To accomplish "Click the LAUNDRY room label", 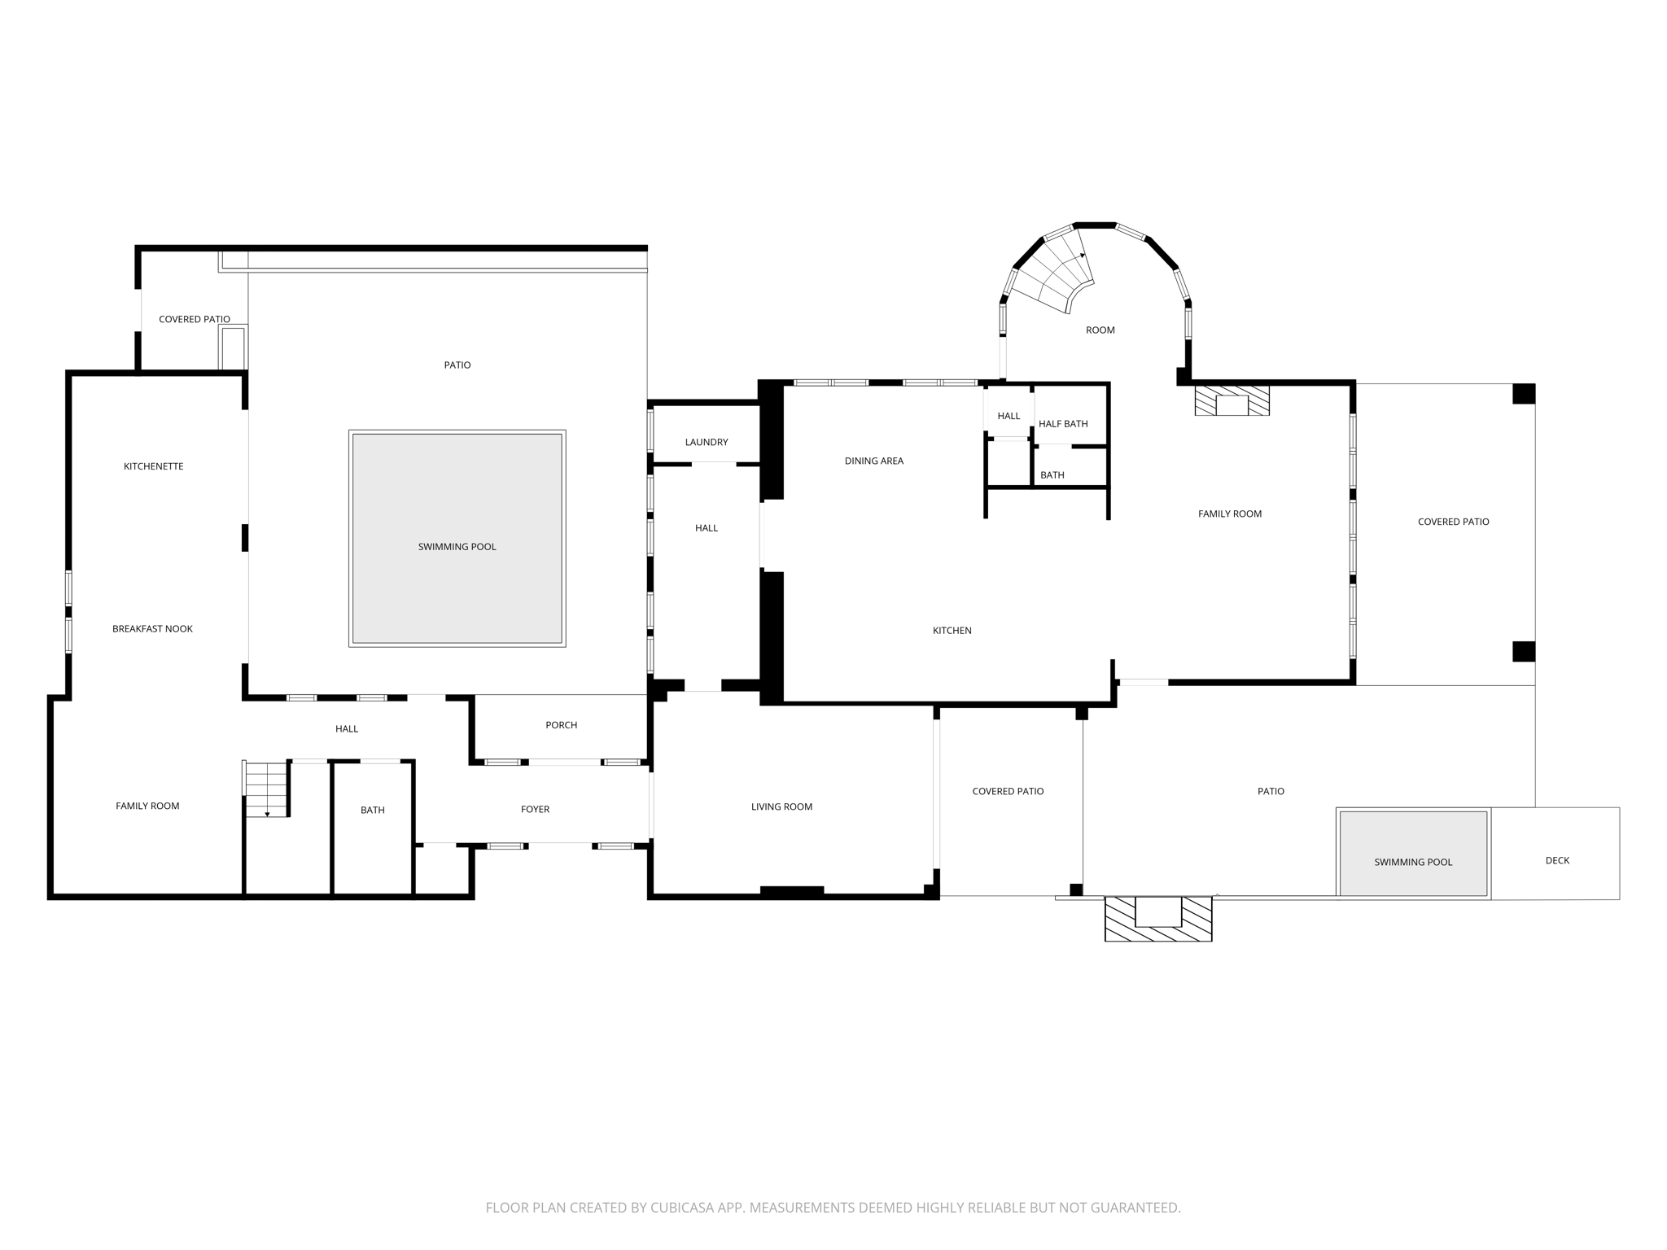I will pyautogui.click(x=706, y=442).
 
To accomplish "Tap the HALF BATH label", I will pyautogui.click(x=1063, y=423).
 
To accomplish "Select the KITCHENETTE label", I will pyautogui.click(x=153, y=466).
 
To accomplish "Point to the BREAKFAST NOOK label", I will pyautogui.click(x=152, y=628).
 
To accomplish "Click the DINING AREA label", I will pyautogui.click(x=873, y=461).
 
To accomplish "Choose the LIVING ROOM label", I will pyautogui.click(x=781, y=806).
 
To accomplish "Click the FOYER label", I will pyautogui.click(x=535, y=809).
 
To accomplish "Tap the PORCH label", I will pyautogui.click(x=561, y=724).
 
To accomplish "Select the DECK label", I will pyautogui.click(x=1556, y=860).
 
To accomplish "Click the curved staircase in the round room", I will pyautogui.click(x=1054, y=273).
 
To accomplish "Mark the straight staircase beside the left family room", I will pyautogui.click(x=266, y=789).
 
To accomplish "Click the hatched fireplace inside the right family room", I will pyautogui.click(x=1232, y=401).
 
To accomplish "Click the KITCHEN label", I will pyautogui.click(x=952, y=630).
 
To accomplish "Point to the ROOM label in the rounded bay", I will pyautogui.click(x=1100, y=330).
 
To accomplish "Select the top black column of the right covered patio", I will pyautogui.click(x=1523, y=394).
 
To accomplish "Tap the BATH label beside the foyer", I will pyautogui.click(x=372, y=810).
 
